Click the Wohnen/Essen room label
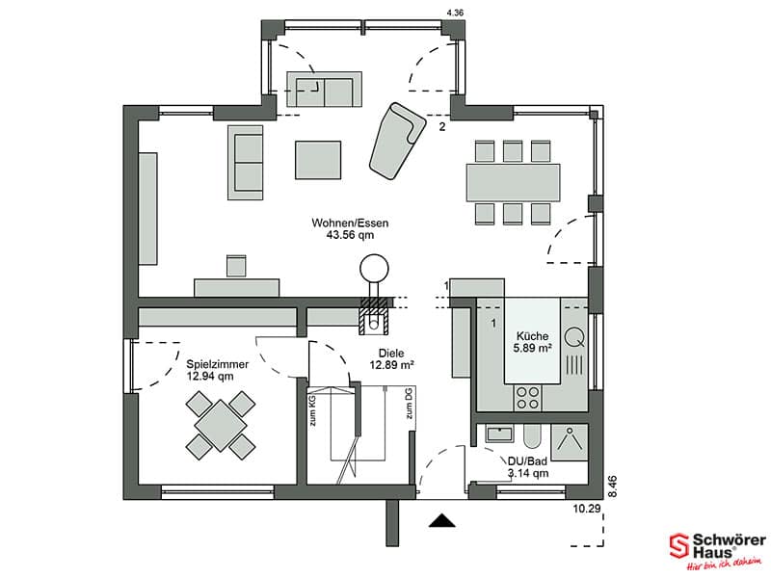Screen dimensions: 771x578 [350, 223]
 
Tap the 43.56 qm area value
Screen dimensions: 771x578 [350, 235]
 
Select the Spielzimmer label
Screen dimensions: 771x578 [218, 365]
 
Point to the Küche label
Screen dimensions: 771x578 [532, 336]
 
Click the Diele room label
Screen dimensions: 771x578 [391, 353]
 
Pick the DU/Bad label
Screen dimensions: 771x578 [527, 461]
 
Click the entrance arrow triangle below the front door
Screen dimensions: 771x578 [442, 520]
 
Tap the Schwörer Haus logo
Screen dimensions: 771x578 [717, 550]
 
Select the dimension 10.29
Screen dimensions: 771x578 [587, 509]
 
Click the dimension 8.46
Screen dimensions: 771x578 [612, 486]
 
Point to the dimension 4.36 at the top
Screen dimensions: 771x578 [454, 13]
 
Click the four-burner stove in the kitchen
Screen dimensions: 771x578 [527, 398]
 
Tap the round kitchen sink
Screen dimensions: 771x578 [573, 337]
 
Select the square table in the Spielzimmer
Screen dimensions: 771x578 [221, 425]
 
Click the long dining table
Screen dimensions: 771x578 [513, 182]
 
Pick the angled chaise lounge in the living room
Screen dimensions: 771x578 [397, 141]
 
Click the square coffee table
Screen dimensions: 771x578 [318, 160]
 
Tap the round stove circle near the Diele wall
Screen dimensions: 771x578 [374, 269]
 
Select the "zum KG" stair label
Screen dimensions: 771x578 [312, 411]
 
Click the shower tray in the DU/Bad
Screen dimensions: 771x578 [570, 442]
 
